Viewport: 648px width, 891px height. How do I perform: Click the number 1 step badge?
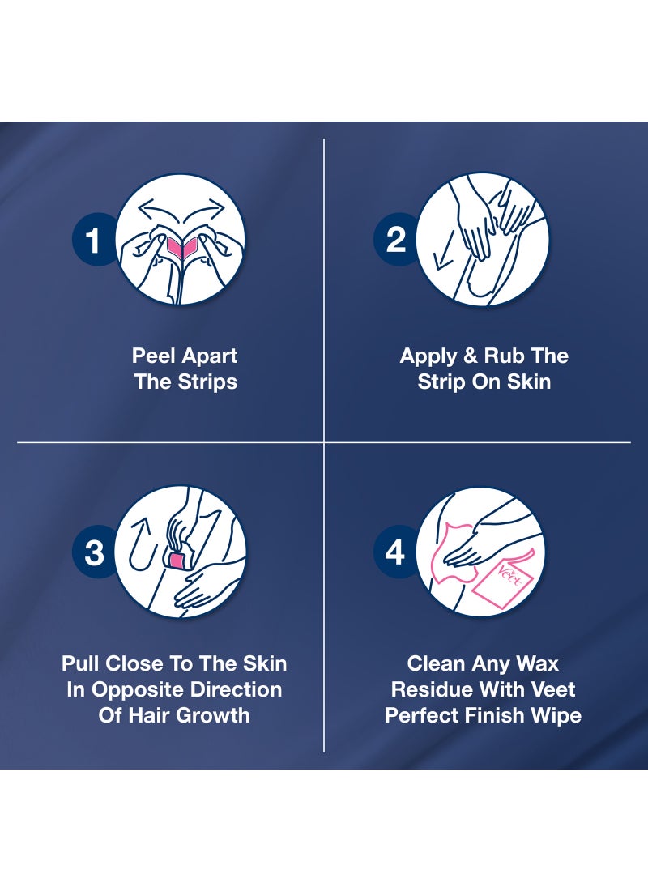coord(94,241)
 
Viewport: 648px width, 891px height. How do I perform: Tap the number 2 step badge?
coord(395,240)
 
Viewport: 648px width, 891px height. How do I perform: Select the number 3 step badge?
coord(95,552)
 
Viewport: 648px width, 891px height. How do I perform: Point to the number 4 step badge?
coord(394,552)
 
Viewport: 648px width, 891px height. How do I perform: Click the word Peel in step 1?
coord(154,356)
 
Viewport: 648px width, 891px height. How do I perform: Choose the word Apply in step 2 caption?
coord(429,356)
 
